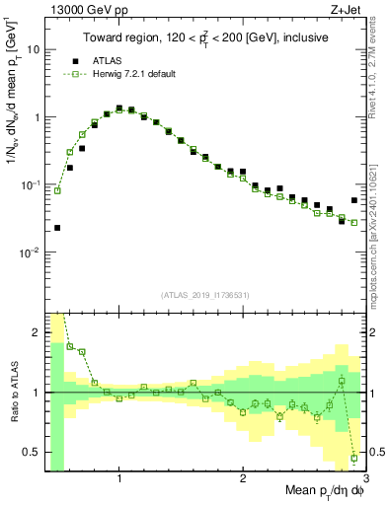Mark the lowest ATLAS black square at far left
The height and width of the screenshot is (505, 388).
pyautogui.click(x=57, y=228)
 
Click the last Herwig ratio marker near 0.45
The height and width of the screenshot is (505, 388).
pyautogui.click(x=353, y=458)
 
